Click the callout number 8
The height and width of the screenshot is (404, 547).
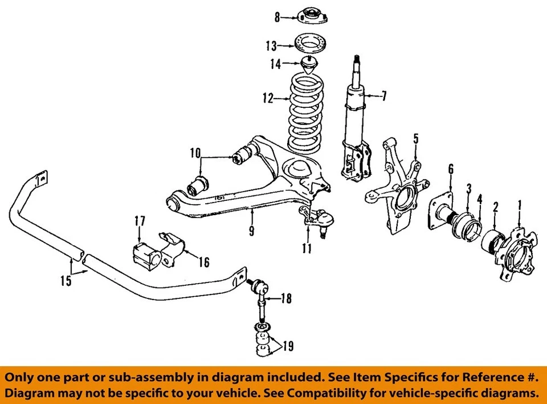click(277, 18)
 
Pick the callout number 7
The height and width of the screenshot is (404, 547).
click(383, 96)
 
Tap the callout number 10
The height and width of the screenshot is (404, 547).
click(195, 153)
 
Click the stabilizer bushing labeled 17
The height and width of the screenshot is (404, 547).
click(145, 252)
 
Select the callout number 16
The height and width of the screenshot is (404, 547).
click(203, 262)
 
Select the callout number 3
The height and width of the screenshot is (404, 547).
click(468, 188)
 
